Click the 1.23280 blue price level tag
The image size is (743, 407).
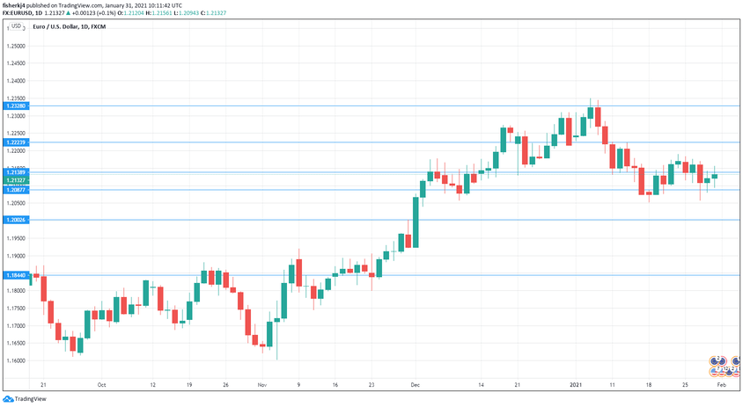[16, 105]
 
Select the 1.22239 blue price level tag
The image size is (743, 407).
[16, 142]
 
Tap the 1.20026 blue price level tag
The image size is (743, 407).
[16, 220]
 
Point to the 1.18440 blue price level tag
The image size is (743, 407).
[16, 275]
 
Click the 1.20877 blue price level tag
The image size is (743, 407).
[16, 190]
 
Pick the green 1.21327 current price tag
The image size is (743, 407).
[16, 180]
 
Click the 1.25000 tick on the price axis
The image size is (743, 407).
[16, 46]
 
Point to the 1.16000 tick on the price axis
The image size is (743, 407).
[16, 360]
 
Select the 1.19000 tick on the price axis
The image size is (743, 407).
[16, 256]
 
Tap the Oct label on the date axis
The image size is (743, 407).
[101, 385]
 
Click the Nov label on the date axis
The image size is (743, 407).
[262, 385]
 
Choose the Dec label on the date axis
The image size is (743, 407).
[415, 385]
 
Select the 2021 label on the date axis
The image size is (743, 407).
[577, 385]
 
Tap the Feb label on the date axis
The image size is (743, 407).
[721, 385]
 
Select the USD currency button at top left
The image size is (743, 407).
[16, 27]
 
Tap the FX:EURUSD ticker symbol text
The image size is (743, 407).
[18, 12]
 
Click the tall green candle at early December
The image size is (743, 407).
[415, 223]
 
